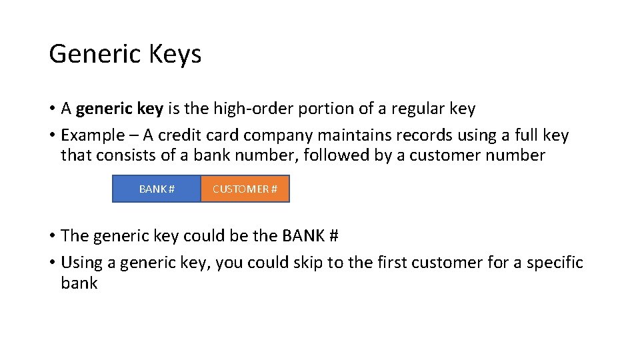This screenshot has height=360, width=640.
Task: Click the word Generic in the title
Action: pos(91,54)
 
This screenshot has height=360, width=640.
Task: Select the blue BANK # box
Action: pos(157,189)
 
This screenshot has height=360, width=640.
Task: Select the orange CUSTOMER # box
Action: pos(245,189)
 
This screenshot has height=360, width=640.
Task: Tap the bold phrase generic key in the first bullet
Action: pos(119,109)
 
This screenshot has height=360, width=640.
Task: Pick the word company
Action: pos(278,135)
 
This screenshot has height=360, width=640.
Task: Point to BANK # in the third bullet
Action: pos(311,236)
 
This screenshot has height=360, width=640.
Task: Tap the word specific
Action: pos(555,263)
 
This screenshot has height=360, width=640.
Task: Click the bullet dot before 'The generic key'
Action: pos(52,236)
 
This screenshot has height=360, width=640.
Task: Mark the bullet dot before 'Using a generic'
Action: pos(52,263)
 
